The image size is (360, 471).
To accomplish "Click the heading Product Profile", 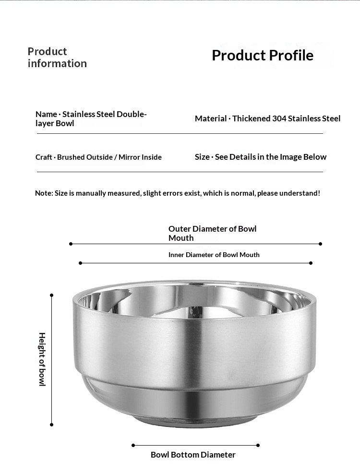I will (262, 55).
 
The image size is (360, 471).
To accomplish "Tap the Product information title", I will (57, 58).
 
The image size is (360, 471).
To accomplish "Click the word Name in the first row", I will (46, 114).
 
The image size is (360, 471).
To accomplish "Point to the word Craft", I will (44, 157).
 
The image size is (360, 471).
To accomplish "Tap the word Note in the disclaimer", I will (44, 193).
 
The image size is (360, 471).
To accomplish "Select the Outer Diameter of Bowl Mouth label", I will (212, 233).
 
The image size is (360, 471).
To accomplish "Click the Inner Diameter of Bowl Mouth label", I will (214, 255).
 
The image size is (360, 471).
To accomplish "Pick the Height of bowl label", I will (42, 359).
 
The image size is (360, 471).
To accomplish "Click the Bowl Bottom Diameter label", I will (193, 455).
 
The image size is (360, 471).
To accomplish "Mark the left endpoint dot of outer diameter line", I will (71, 244).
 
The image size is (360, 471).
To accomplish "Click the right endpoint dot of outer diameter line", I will (321, 244).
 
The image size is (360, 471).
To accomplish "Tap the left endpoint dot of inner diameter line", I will (81, 263).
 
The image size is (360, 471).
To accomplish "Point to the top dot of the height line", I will (52, 295).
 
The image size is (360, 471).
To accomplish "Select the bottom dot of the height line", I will (52, 424).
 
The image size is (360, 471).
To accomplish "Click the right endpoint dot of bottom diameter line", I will (258, 445).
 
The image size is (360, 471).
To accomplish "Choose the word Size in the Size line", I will (202, 157).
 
